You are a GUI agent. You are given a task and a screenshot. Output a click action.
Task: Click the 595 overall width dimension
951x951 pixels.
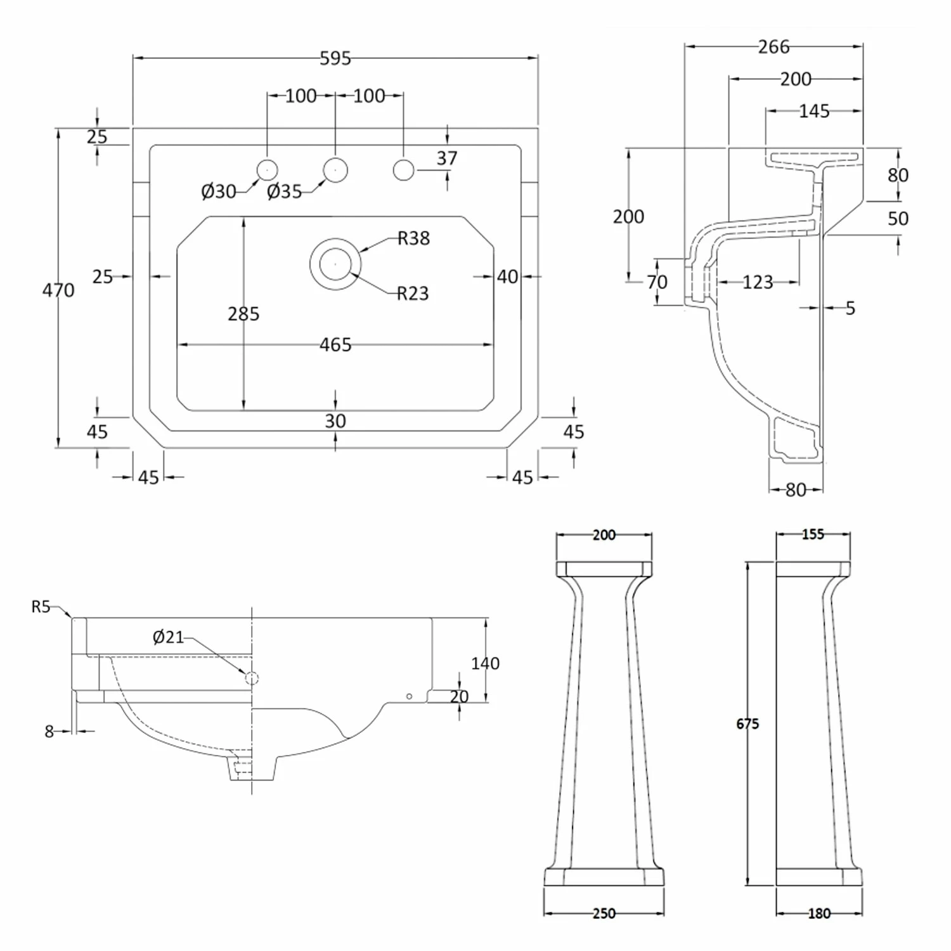coord(335,58)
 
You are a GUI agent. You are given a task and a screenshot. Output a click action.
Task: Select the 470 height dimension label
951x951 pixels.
coord(58,290)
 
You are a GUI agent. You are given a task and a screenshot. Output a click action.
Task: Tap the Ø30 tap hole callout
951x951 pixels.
coord(218,191)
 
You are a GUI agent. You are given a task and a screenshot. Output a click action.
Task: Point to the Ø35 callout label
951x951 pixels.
coord(284,191)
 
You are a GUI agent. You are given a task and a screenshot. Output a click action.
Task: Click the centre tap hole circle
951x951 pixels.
coord(335,170)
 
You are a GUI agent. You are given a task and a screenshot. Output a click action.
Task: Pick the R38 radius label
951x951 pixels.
coord(413,238)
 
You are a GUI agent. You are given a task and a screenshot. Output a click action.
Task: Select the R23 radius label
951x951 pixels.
coord(413,294)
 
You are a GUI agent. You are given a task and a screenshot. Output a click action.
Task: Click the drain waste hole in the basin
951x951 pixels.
coord(335,264)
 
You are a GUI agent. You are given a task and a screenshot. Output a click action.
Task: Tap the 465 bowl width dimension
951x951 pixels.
coord(335,345)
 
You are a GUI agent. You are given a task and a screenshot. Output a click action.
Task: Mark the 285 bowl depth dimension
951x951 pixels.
coord(243,314)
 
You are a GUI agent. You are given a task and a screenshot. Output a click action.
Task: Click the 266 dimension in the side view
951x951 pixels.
coord(773,47)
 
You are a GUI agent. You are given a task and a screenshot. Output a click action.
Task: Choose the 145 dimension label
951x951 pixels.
coord(814,112)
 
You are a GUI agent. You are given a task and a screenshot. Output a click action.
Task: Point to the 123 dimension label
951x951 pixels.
coord(758,282)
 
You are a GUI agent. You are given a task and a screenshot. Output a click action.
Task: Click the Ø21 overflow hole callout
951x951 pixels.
coord(168,637)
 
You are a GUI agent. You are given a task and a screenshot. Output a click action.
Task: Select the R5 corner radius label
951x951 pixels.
coord(41,607)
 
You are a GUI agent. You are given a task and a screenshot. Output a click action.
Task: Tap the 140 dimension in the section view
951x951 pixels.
coord(485,663)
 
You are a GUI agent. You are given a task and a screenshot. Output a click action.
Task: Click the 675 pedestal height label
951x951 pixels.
coord(747,723)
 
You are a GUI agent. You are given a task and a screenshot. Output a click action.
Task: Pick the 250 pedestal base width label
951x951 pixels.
coord(604,913)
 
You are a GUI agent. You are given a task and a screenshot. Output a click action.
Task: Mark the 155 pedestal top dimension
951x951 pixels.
coord(813,534)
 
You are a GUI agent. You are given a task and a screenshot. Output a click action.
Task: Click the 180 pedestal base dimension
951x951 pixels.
coord(818,913)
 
